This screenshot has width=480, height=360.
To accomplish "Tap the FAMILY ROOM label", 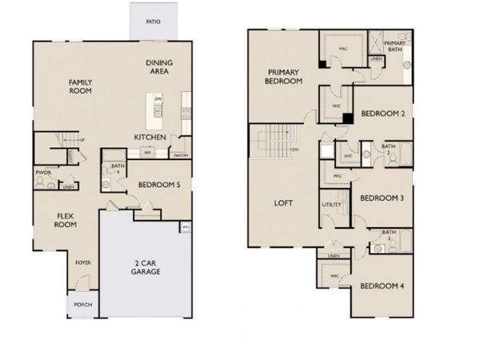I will click(80, 86).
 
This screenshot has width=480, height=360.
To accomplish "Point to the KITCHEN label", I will click(150, 137).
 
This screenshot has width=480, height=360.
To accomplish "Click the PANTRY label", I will click(181, 155).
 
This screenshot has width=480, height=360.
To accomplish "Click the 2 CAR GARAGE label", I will click(146, 267).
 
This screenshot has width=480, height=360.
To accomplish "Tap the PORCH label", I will click(81, 304).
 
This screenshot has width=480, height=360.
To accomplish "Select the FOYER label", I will click(82, 262).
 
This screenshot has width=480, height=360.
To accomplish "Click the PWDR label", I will click(43, 171).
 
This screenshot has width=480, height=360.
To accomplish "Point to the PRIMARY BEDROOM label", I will click(284, 77).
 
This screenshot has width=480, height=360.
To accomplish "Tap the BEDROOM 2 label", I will click(382, 114).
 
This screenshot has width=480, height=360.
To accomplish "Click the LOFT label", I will click(282, 203).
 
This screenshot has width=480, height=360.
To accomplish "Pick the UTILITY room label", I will click(331, 205).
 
